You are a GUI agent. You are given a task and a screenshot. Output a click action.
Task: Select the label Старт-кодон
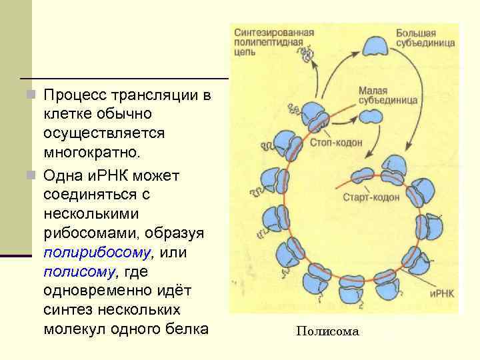point(371,197)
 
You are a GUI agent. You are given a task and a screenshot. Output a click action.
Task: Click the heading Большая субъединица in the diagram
point(425,37)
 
